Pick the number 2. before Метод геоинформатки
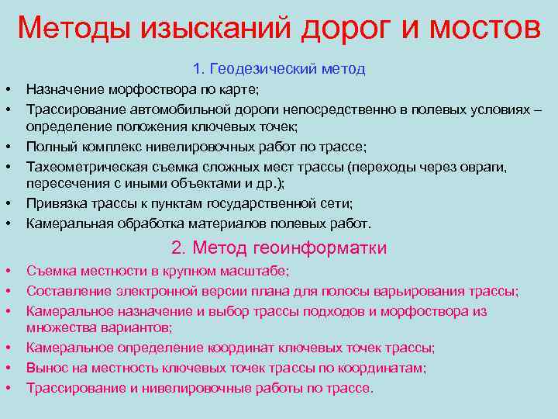(x=179, y=248)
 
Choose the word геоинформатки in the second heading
(x=319, y=248)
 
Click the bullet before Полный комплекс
(x=14, y=147)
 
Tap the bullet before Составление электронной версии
(x=14, y=291)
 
